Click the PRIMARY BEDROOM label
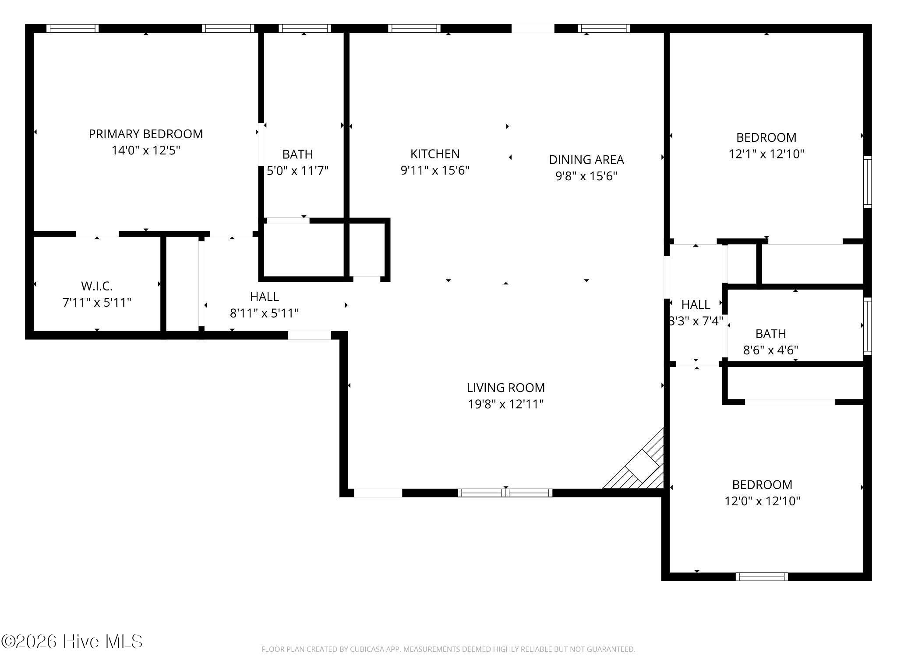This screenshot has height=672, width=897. [146, 134]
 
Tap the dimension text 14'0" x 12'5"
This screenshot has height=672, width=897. [146, 150]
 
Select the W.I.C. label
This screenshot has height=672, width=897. [97, 286]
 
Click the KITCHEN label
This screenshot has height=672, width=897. [435, 154]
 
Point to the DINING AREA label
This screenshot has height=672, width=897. [586, 160]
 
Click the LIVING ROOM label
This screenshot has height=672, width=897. [506, 388]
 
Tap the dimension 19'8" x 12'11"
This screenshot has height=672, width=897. [506, 404]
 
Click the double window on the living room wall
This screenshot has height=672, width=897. [505, 493]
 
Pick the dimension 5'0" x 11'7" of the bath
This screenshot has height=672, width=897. [298, 171]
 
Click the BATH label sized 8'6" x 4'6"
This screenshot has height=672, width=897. [770, 334]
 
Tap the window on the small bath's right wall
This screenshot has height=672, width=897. [867, 326]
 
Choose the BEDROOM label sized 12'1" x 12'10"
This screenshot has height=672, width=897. [766, 137]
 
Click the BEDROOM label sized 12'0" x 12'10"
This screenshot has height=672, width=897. [762, 485]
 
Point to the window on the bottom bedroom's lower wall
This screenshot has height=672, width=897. [762, 577]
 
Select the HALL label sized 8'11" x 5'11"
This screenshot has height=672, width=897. [264, 297]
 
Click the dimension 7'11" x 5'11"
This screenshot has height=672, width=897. [97, 303]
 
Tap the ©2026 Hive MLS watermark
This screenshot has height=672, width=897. [72, 641]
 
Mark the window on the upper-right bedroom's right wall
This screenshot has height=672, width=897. [867, 182]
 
